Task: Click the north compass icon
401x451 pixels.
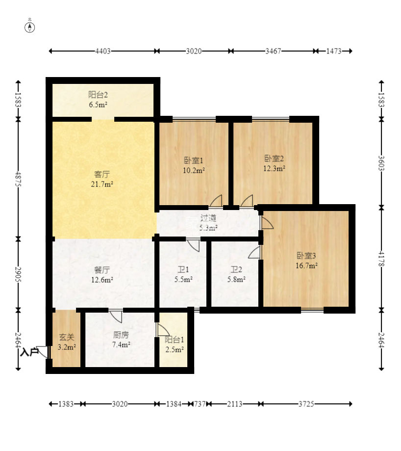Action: pos(30,27)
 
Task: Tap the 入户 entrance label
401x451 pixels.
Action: pos(29,352)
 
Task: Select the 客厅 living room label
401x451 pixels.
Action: pos(102,174)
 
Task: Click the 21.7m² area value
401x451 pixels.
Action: pos(102,184)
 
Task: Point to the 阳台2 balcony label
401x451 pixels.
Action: pos(98,95)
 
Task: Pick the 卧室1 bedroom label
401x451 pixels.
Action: pos(194,160)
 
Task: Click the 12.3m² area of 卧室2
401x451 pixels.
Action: pos(275,168)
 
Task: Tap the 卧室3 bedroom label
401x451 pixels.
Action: pos(306,255)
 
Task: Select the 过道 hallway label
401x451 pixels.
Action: pos(208,218)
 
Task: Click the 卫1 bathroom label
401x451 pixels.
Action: pos(183,269)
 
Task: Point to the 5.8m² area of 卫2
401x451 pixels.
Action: pos(236,279)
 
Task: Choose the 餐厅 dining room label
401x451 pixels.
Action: pos(102,270)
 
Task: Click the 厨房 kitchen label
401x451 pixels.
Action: pos(121,335)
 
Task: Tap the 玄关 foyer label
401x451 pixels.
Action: pos(67,337)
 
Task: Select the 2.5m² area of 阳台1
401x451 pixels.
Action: pos(175,350)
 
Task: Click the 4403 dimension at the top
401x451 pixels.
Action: pos(103,51)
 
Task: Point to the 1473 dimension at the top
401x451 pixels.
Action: pos(334,51)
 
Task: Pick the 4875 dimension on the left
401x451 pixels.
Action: pos(18,179)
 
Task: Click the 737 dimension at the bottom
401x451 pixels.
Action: pos(200,404)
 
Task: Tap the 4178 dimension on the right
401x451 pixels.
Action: pos(381,259)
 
